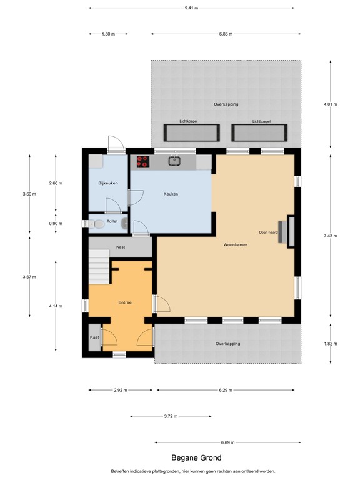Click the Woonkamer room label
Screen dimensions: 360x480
235,244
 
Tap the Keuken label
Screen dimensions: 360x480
171,194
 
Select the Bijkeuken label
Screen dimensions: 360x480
108,183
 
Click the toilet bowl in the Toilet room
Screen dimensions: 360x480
97,224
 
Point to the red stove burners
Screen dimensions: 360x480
143,161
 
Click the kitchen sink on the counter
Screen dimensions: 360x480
175,161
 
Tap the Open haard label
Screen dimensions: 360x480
268,232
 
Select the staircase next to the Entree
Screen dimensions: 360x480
99,267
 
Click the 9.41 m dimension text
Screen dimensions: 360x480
191,8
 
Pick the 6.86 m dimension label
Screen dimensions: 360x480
226,34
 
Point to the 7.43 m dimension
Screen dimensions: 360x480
330,236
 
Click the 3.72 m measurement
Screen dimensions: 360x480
171,416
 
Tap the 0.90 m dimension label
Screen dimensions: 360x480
56,224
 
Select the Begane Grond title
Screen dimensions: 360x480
196,458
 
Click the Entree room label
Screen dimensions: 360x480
125,302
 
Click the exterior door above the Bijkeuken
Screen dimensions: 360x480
116,144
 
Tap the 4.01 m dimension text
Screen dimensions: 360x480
330,104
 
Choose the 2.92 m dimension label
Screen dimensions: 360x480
120,390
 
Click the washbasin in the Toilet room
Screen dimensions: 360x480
124,224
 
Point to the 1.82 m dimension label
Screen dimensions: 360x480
330,344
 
